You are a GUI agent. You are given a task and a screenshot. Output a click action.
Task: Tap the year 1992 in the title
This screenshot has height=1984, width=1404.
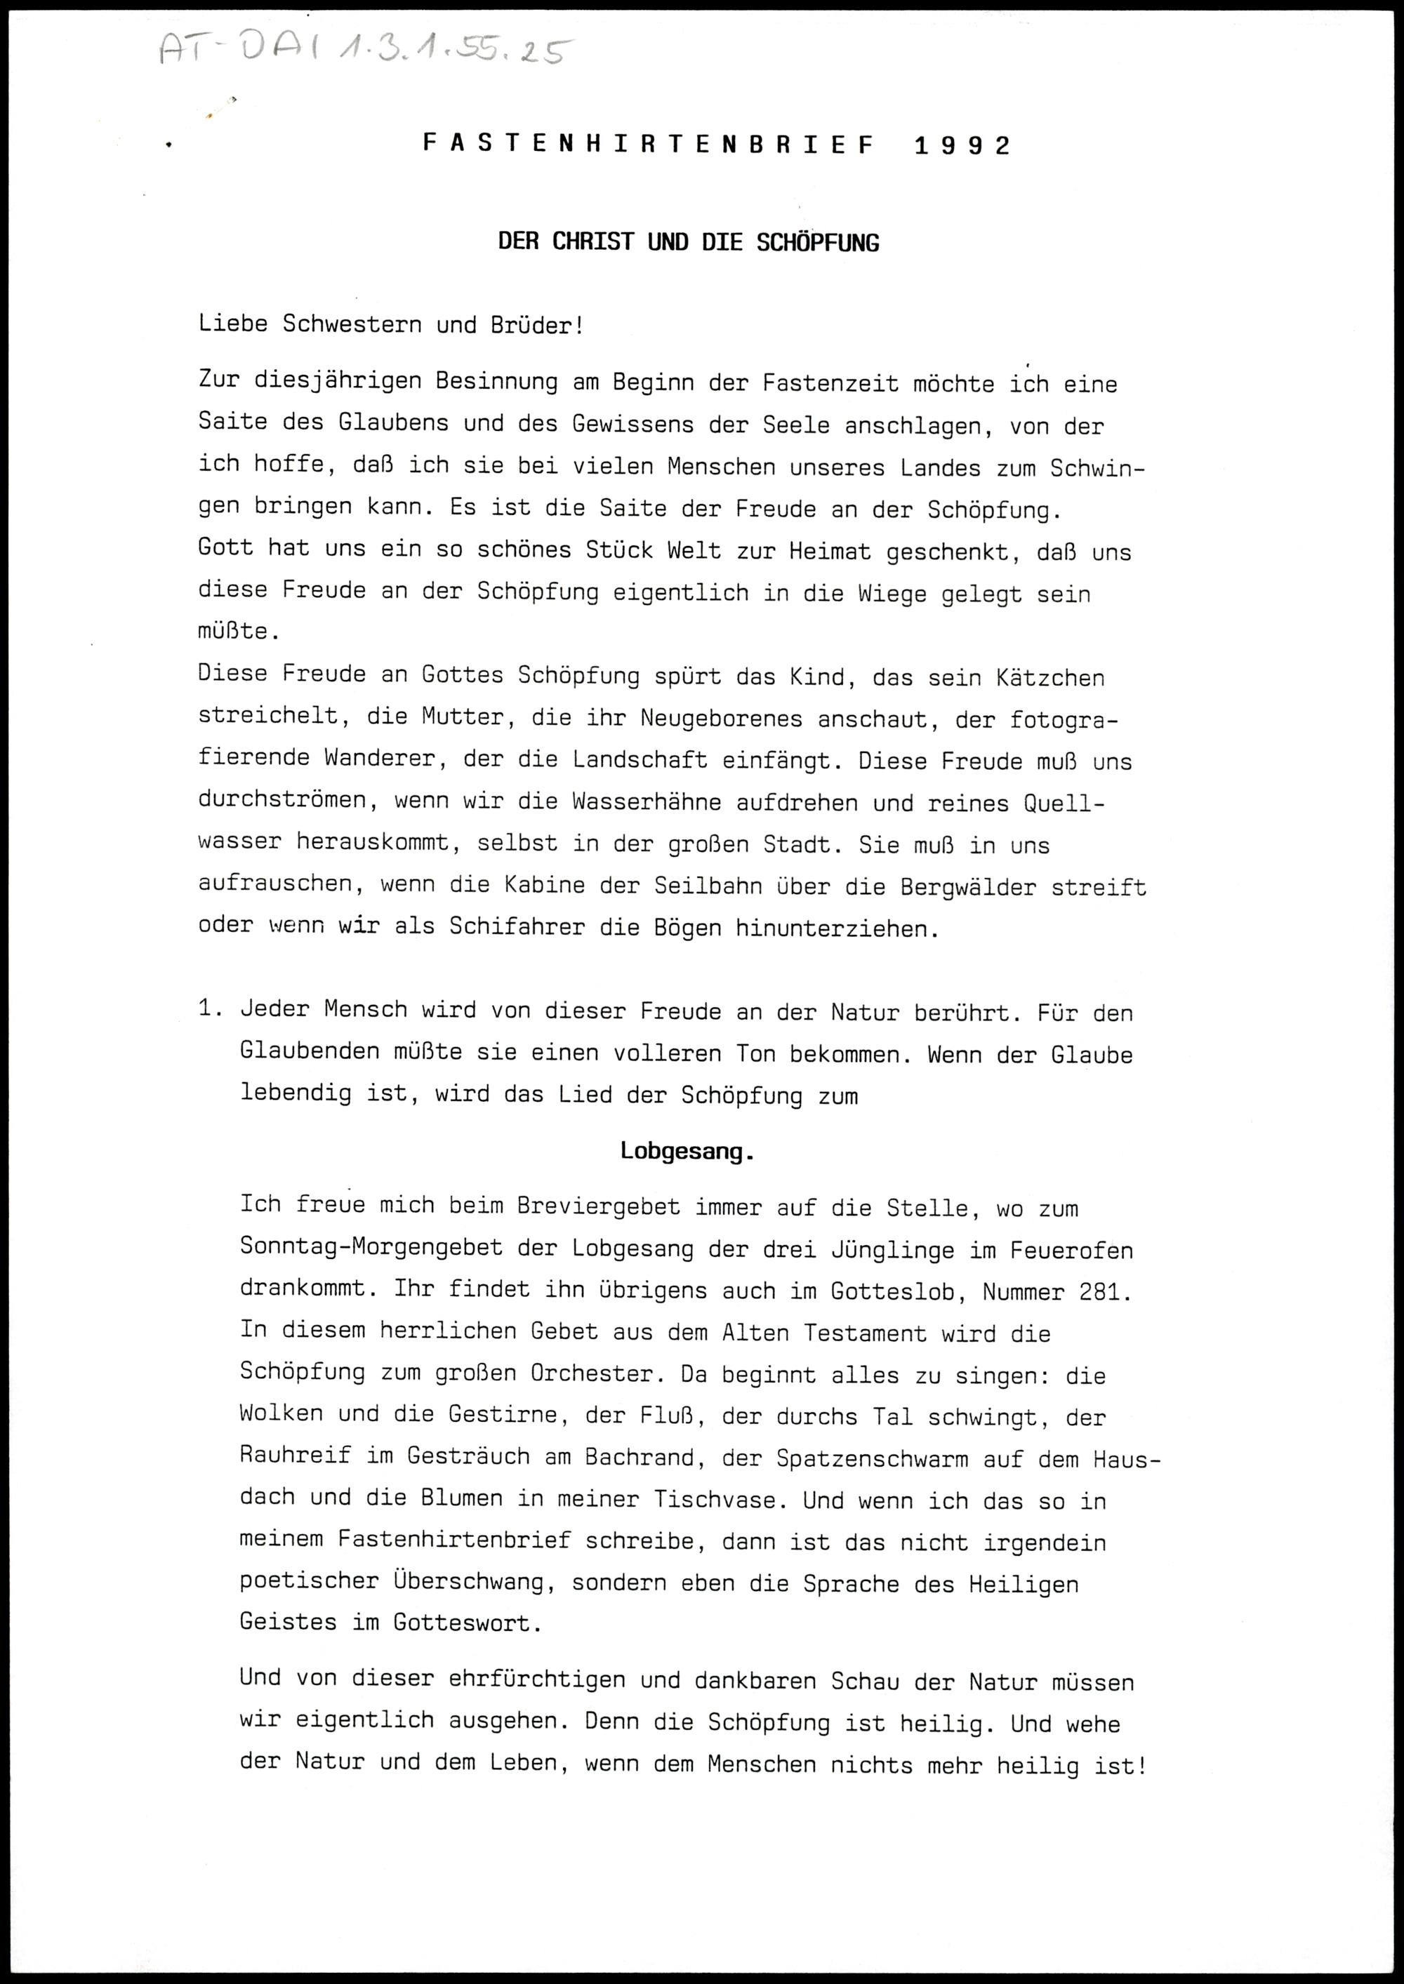[x=961, y=145]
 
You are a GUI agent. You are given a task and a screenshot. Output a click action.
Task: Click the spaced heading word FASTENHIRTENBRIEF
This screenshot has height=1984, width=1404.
[x=649, y=145]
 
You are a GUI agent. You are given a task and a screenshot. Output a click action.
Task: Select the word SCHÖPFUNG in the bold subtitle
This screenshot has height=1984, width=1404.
[x=817, y=243]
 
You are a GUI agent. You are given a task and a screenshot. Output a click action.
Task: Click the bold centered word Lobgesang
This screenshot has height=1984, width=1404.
[x=687, y=1152]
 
